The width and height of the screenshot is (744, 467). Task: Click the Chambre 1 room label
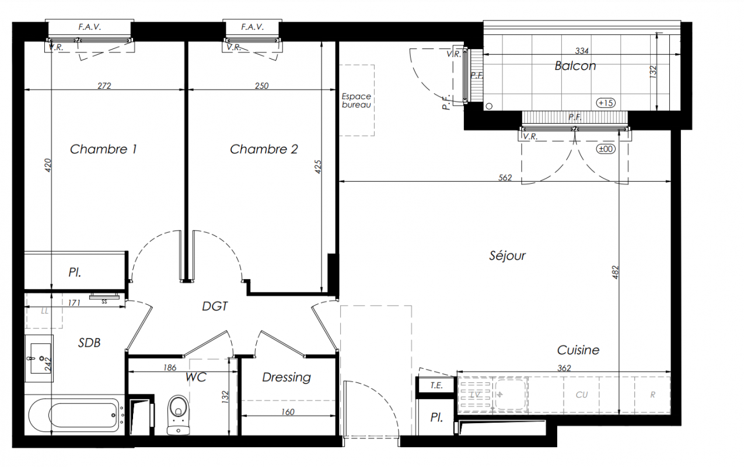click(103, 149)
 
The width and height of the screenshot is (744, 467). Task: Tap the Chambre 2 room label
click(264, 149)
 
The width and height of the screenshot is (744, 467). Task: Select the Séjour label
click(507, 256)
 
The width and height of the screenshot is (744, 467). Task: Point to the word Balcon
click(575, 66)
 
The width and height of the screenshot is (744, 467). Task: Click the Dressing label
click(287, 377)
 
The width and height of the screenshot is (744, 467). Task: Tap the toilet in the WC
click(179, 415)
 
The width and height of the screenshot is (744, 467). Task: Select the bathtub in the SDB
click(75, 415)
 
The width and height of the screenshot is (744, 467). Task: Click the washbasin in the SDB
click(39, 358)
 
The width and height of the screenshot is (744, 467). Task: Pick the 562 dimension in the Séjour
click(505, 177)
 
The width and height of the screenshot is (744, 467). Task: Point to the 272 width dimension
click(104, 86)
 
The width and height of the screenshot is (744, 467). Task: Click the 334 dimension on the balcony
click(582, 51)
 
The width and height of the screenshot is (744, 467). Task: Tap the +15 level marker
click(606, 103)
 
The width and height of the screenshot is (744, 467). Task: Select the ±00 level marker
click(606, 149)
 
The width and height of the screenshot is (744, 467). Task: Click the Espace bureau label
click(357, 100)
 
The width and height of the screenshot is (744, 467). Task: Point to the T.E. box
click(436, 385)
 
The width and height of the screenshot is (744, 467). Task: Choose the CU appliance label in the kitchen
click(582, 395)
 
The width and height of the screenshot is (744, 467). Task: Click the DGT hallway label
click(215, 306)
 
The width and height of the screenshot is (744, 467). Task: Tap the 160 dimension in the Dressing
click(288, 412)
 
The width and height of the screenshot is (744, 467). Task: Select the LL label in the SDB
click(44, 311)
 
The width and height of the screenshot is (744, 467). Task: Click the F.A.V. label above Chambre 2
click(253, 27)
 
